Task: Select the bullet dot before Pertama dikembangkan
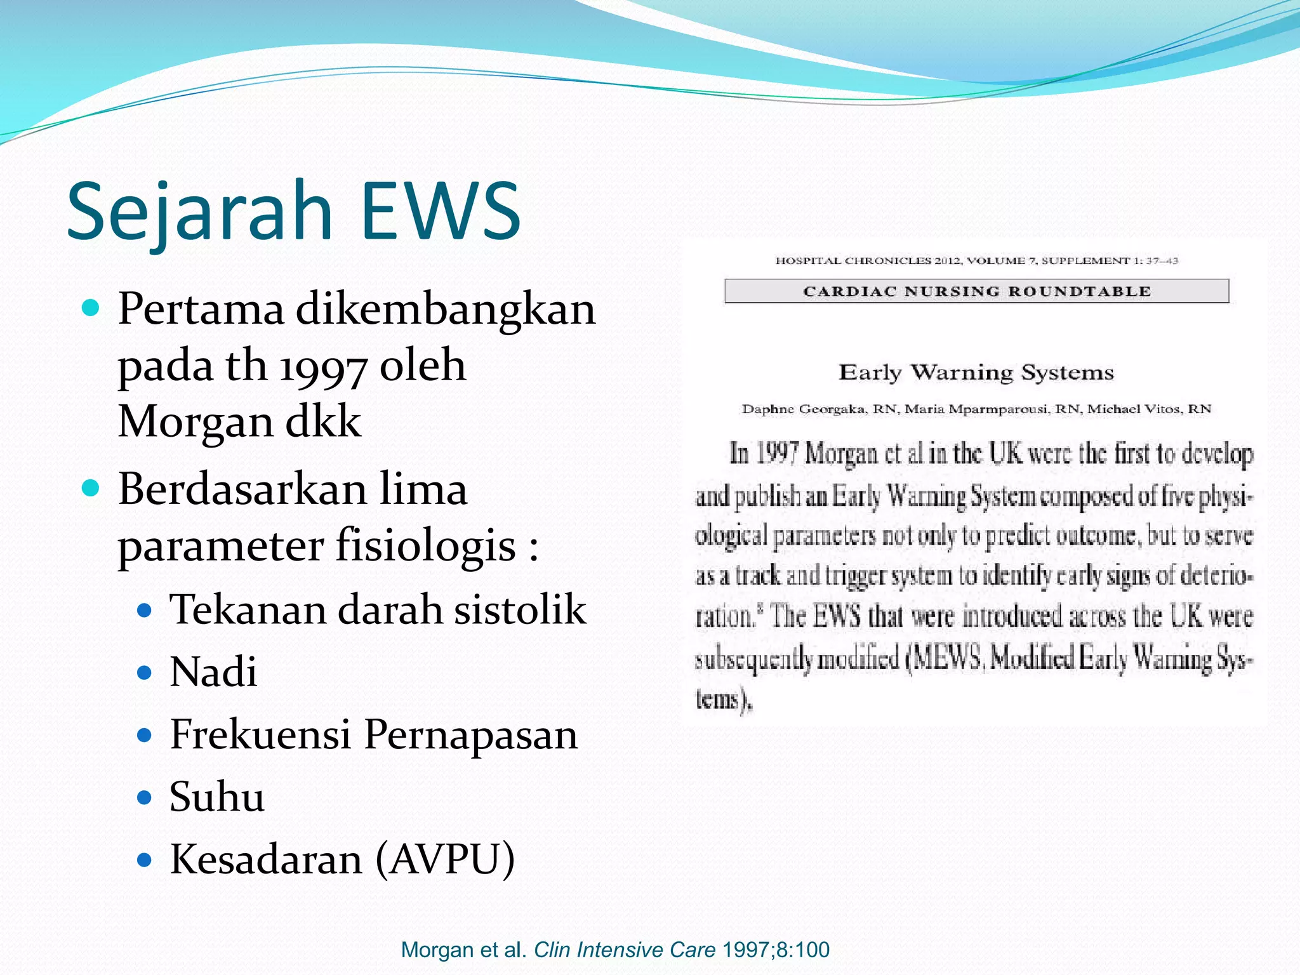point(91,308)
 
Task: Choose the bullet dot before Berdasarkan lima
point(91,488)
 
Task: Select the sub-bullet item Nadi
point(213,672)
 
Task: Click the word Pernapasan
point(471,734)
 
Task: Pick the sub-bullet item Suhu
point(216,797)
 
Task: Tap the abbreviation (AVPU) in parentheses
point(445,859)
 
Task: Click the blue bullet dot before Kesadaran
point(145,859)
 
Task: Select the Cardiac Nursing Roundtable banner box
point(976,291)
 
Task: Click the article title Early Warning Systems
point(976,372)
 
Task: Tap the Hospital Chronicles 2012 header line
point(976,260)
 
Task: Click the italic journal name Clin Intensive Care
point(625,950)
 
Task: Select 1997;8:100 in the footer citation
point(776,950)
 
